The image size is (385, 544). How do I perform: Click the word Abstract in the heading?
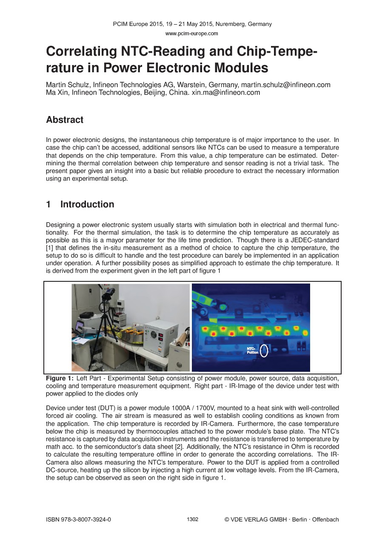click(x=65, y=120)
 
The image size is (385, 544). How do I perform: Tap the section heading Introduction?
click(x=87, y=204)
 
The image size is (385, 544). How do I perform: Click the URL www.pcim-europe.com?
click(x=192, y=33)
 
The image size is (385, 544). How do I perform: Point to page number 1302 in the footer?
click(x=193, y=519)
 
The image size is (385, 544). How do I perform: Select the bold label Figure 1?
click(x=60, y=378)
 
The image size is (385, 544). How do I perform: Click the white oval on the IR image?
click(x=264, y=351)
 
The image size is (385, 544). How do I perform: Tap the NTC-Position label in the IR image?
click(x=252, y=351)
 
